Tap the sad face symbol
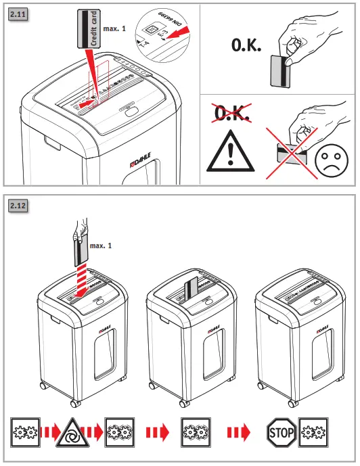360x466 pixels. point(330,162)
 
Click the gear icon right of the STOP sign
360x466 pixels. point(313,432)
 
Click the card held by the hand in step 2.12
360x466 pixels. point(80,256)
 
